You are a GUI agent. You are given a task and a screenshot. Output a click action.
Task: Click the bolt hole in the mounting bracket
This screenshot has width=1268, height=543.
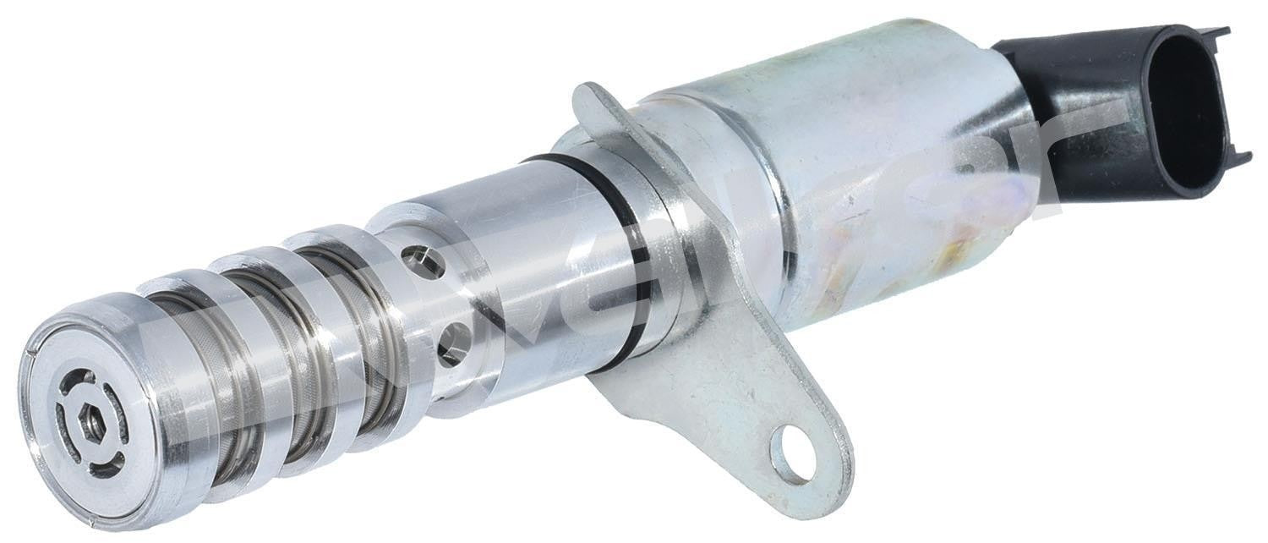click(x=794, y=454)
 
